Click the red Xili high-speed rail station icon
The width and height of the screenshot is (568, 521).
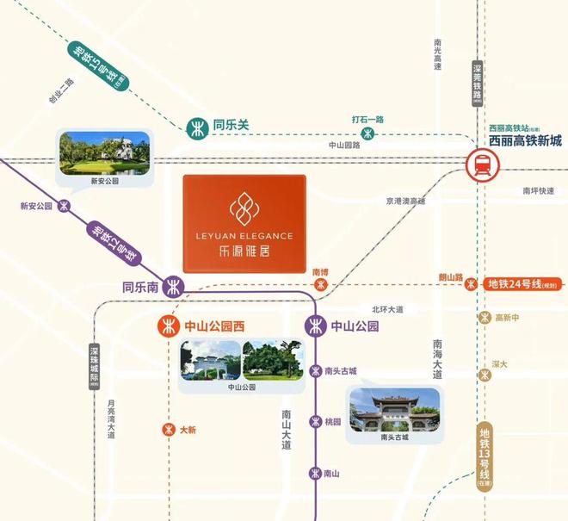478,164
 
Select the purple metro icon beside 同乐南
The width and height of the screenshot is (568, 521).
174,286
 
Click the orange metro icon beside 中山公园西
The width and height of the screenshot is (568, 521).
166,326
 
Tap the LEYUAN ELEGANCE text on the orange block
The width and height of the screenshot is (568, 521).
244,235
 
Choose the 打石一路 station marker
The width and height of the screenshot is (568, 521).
367,133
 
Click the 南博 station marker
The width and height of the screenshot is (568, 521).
321,284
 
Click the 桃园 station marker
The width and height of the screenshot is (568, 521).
316,422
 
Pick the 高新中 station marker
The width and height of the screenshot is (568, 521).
485,318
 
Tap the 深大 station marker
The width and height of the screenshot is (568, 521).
485,375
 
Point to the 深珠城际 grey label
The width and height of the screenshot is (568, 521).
95,367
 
